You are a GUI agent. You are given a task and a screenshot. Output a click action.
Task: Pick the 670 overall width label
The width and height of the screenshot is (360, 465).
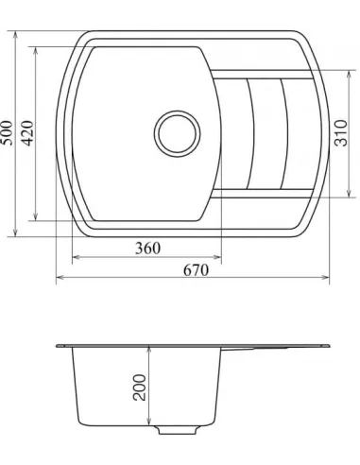pyautogui.click(x=194, y=269)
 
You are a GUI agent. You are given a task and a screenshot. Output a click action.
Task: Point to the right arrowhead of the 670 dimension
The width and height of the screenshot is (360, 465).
pyautogui.click(x=327, y=279)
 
